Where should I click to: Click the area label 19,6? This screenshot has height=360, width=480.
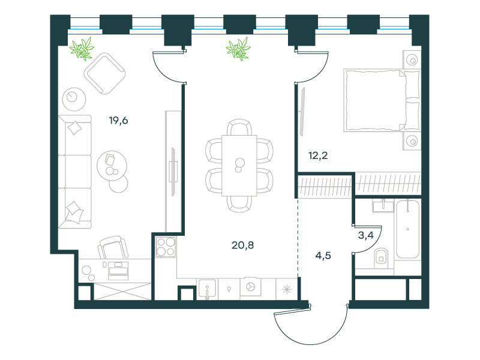pos(118,121)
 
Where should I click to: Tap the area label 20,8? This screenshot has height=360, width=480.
pos(243,245)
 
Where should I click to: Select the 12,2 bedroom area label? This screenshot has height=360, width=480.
pos(318,155)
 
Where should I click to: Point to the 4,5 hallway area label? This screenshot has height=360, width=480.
pos(323,256)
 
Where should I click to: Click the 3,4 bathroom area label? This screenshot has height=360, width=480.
pos(366,235)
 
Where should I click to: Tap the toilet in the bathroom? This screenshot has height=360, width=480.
pos(381,258)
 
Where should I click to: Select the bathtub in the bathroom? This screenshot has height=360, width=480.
pos(408,230)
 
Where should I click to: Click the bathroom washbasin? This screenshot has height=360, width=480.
pos(383,206)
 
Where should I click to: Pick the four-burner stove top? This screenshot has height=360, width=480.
pos(166,247)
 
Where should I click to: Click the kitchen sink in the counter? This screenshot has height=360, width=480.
pos(207,289)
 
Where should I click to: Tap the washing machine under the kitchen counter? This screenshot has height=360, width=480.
pos(251,287)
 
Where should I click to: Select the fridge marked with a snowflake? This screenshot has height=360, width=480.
pos(287,289)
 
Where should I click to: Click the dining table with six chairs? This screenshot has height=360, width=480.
pos(239,166)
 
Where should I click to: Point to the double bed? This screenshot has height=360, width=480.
pos(382,100)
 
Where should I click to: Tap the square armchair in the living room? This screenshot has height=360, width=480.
pos(104,73)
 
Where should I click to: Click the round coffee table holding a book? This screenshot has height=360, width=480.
pos(112,166)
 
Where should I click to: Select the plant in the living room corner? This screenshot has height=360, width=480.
pos(82,49)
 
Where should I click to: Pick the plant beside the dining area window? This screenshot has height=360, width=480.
pos(238,49)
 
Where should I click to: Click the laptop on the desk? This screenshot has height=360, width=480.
pos(118,271)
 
